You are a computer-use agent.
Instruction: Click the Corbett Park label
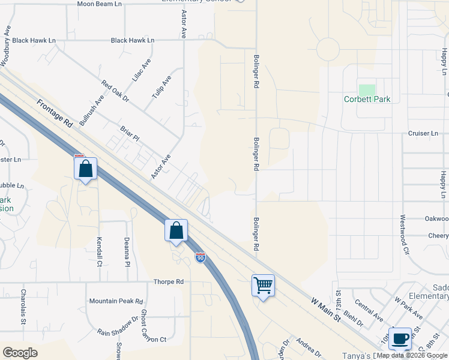[367, 99]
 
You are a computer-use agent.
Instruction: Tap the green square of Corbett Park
[367, 89]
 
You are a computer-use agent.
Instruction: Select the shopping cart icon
[263, 285]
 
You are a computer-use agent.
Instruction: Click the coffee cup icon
[400, 338]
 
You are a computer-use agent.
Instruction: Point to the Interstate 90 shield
[200, 258]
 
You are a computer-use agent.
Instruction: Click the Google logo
[20, 353]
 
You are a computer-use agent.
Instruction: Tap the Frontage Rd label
[55, 113]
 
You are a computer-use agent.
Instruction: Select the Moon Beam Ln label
[100, 4]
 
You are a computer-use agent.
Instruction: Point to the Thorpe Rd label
[168, 281]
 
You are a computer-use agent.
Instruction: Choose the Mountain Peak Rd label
[116, 301]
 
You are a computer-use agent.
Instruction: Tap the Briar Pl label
[129, 133]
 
